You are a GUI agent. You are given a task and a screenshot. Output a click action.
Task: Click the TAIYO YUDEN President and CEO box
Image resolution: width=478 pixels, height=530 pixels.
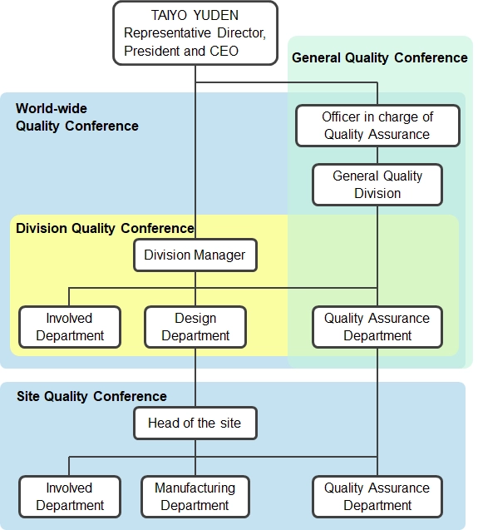point(195,33)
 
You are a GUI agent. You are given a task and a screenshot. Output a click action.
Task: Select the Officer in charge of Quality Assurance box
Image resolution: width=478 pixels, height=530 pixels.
point(377,126)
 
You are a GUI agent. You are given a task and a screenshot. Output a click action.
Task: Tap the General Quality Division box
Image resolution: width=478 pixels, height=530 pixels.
point(377,185)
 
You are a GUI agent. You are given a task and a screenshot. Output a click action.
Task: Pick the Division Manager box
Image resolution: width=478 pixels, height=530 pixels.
point(195,255)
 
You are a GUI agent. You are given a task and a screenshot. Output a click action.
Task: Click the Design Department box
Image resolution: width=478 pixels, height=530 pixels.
point(195,327)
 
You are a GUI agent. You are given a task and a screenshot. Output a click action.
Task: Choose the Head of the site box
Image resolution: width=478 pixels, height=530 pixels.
point(195,423)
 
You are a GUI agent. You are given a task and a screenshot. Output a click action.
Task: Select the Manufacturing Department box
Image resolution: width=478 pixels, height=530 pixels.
point(195,497)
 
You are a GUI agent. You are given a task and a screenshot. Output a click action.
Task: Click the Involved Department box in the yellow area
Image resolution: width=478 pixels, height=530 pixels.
point(70,327)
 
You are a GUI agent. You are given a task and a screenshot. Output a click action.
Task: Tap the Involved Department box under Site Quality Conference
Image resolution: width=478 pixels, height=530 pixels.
point(70,497)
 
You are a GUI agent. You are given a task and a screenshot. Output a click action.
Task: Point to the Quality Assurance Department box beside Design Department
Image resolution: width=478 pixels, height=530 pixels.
point(377,327)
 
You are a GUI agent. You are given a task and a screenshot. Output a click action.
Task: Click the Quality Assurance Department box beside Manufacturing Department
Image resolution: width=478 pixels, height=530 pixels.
point(377,497)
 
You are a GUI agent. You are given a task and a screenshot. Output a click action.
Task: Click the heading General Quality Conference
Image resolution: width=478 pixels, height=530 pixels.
point(380,57)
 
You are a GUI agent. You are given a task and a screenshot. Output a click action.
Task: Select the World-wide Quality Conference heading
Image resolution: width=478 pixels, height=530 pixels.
point(77,117)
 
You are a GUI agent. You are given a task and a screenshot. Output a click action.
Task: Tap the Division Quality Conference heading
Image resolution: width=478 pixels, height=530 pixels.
point(105,229)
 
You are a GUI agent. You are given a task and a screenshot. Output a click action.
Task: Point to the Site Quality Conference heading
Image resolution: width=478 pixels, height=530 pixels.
point(92,396)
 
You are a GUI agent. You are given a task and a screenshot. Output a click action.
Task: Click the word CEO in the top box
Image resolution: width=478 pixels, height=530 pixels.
point(224,51)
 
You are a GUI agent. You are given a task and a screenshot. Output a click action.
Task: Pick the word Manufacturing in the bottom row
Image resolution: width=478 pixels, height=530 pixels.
point(195,488)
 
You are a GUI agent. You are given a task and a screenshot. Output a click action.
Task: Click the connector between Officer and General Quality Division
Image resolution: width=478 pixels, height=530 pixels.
point(377,155)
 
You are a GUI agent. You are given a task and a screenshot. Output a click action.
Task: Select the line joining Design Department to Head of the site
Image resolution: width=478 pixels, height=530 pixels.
point(195,377)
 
